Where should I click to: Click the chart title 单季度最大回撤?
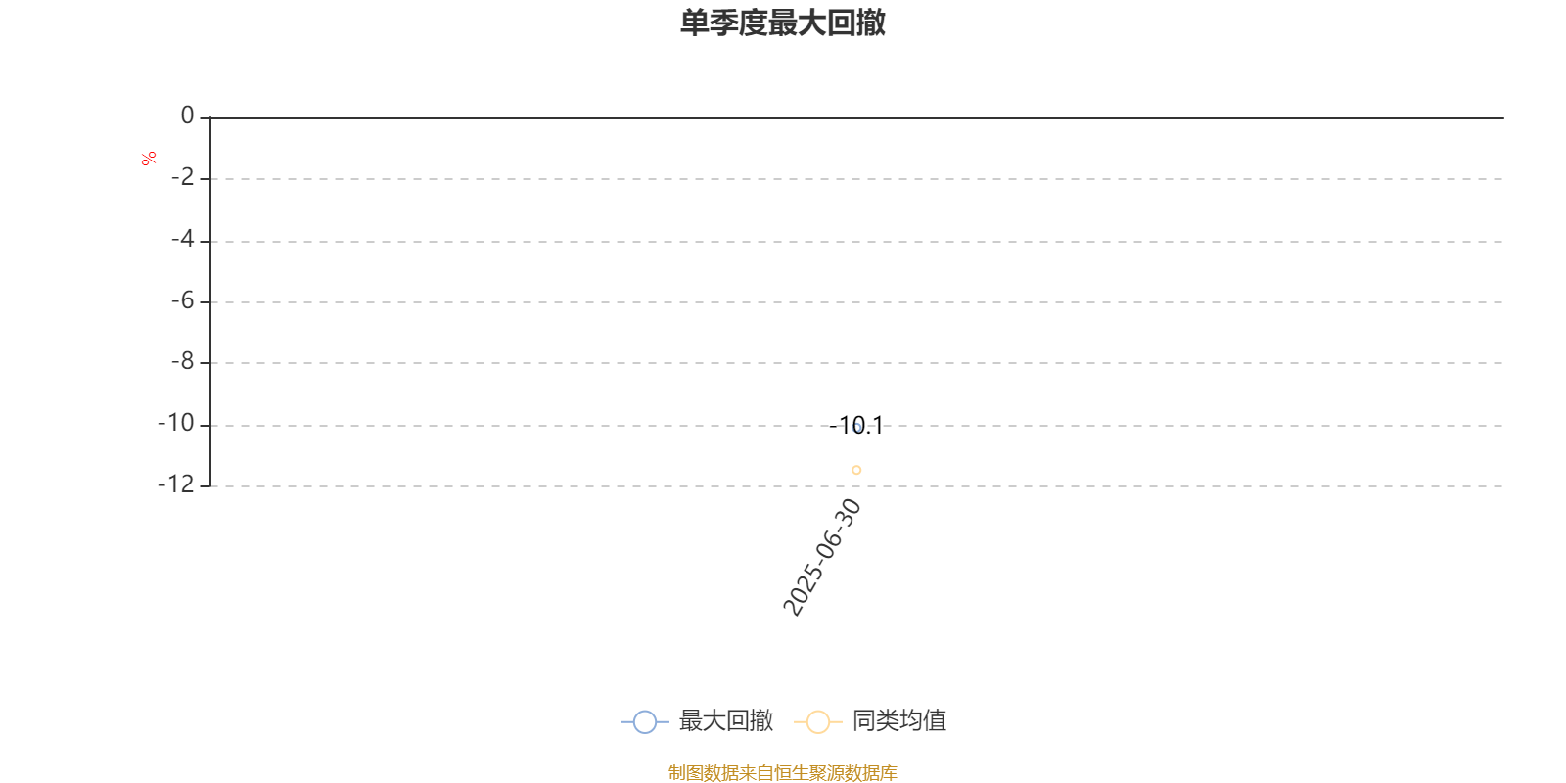(x=783, y=23)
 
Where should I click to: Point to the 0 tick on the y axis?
(x=187, y=115)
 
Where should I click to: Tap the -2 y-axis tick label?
(x=183, y=177)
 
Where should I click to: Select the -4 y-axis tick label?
(x=183, y=239)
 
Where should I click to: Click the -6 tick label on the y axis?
(x=183, y=300)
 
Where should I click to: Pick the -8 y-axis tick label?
(x=183, y=361)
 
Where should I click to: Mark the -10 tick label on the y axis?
(x=176, y=423)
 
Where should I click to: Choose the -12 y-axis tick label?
(x=176, y=484)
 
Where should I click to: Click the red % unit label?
(x=148, y=159)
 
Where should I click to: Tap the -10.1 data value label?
(x=856, y=425)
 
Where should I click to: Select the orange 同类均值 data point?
(x=856, y=470)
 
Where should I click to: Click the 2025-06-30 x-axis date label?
(x=821, y=557)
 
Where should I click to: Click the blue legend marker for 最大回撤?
(x=645, y=721)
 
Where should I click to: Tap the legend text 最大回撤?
(x=725, y=720)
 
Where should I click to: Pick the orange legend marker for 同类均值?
(x=818, y=721)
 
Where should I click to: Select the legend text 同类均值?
(x=899, y=720)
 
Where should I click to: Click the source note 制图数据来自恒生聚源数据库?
(x=783, y=772)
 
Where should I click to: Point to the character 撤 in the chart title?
(x=871, y=23)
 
